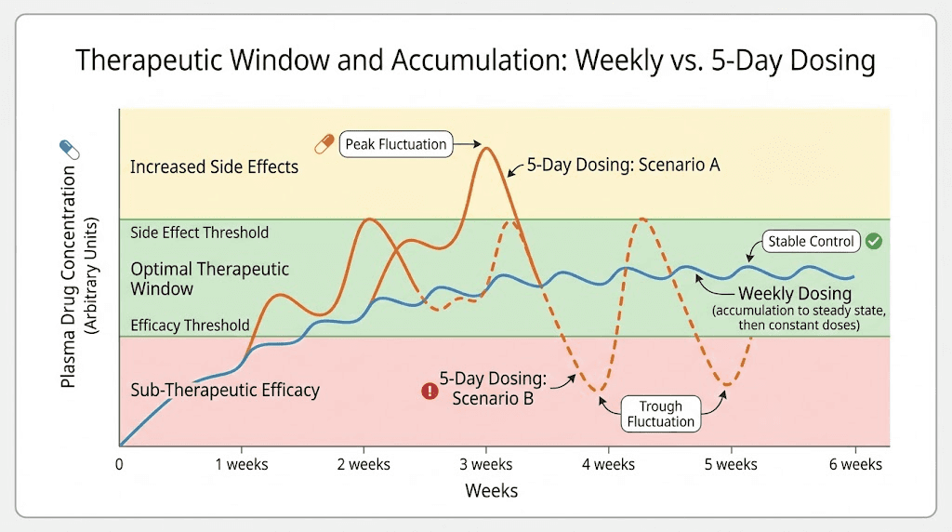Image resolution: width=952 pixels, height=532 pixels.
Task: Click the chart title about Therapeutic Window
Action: click(x=475, y=61)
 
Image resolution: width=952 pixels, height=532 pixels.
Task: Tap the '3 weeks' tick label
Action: click(x=486, y=464)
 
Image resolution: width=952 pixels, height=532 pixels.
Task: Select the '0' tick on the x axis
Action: click(x=119, y=464)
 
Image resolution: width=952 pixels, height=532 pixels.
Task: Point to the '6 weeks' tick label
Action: click(x=854, y=464)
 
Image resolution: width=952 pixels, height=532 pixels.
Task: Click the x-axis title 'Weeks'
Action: click(x=491, y=490)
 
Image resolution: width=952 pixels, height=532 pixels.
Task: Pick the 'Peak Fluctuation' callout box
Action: click(x=396, y=144)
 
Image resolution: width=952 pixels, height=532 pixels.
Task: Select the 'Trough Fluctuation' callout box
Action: click(x=661, y=414)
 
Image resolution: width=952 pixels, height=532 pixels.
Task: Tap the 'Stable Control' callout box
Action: click(x=811, y=242)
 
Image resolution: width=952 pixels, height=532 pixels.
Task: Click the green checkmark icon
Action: click(x=873, y=242)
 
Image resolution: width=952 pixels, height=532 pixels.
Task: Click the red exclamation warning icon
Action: click(x=429, y=391)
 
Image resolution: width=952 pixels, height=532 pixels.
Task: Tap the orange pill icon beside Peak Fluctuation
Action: click(x=324, y=144)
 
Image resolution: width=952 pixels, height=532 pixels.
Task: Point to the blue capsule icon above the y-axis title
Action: click(x=70, y=149)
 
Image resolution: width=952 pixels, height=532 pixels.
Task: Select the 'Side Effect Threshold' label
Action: click(x=199, y=233)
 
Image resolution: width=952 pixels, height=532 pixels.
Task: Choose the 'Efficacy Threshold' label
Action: click(x=190, y=326)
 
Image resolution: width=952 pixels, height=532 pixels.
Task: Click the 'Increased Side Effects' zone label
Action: click(x=214, y=167)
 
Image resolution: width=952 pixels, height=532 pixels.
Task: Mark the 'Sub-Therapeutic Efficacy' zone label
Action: click(x=224, y=390)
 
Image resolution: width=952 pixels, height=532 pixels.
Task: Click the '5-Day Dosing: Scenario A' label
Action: click(x=623, y=165)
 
